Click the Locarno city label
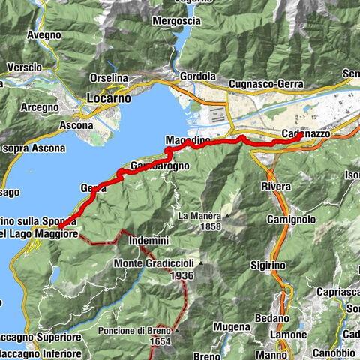109,97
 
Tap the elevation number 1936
182,275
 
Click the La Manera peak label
199,215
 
